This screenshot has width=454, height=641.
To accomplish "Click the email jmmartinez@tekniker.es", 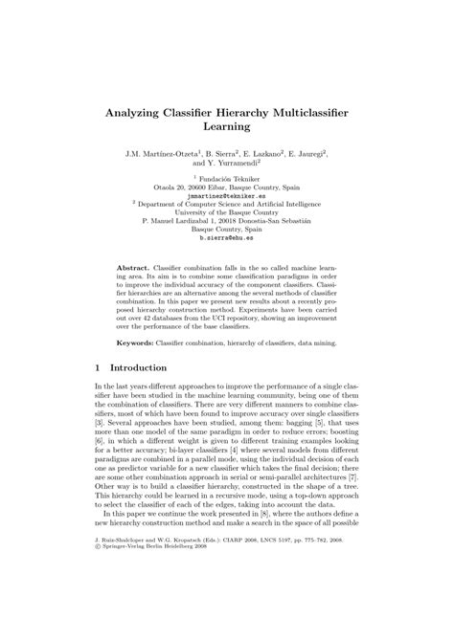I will (227, 196).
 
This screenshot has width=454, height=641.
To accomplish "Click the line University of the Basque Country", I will (227, 213).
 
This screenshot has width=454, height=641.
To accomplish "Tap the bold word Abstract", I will (133, 270).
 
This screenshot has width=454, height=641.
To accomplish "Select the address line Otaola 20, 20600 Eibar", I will (227, 188).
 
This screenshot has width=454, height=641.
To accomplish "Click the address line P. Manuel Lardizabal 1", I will (227, 222).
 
